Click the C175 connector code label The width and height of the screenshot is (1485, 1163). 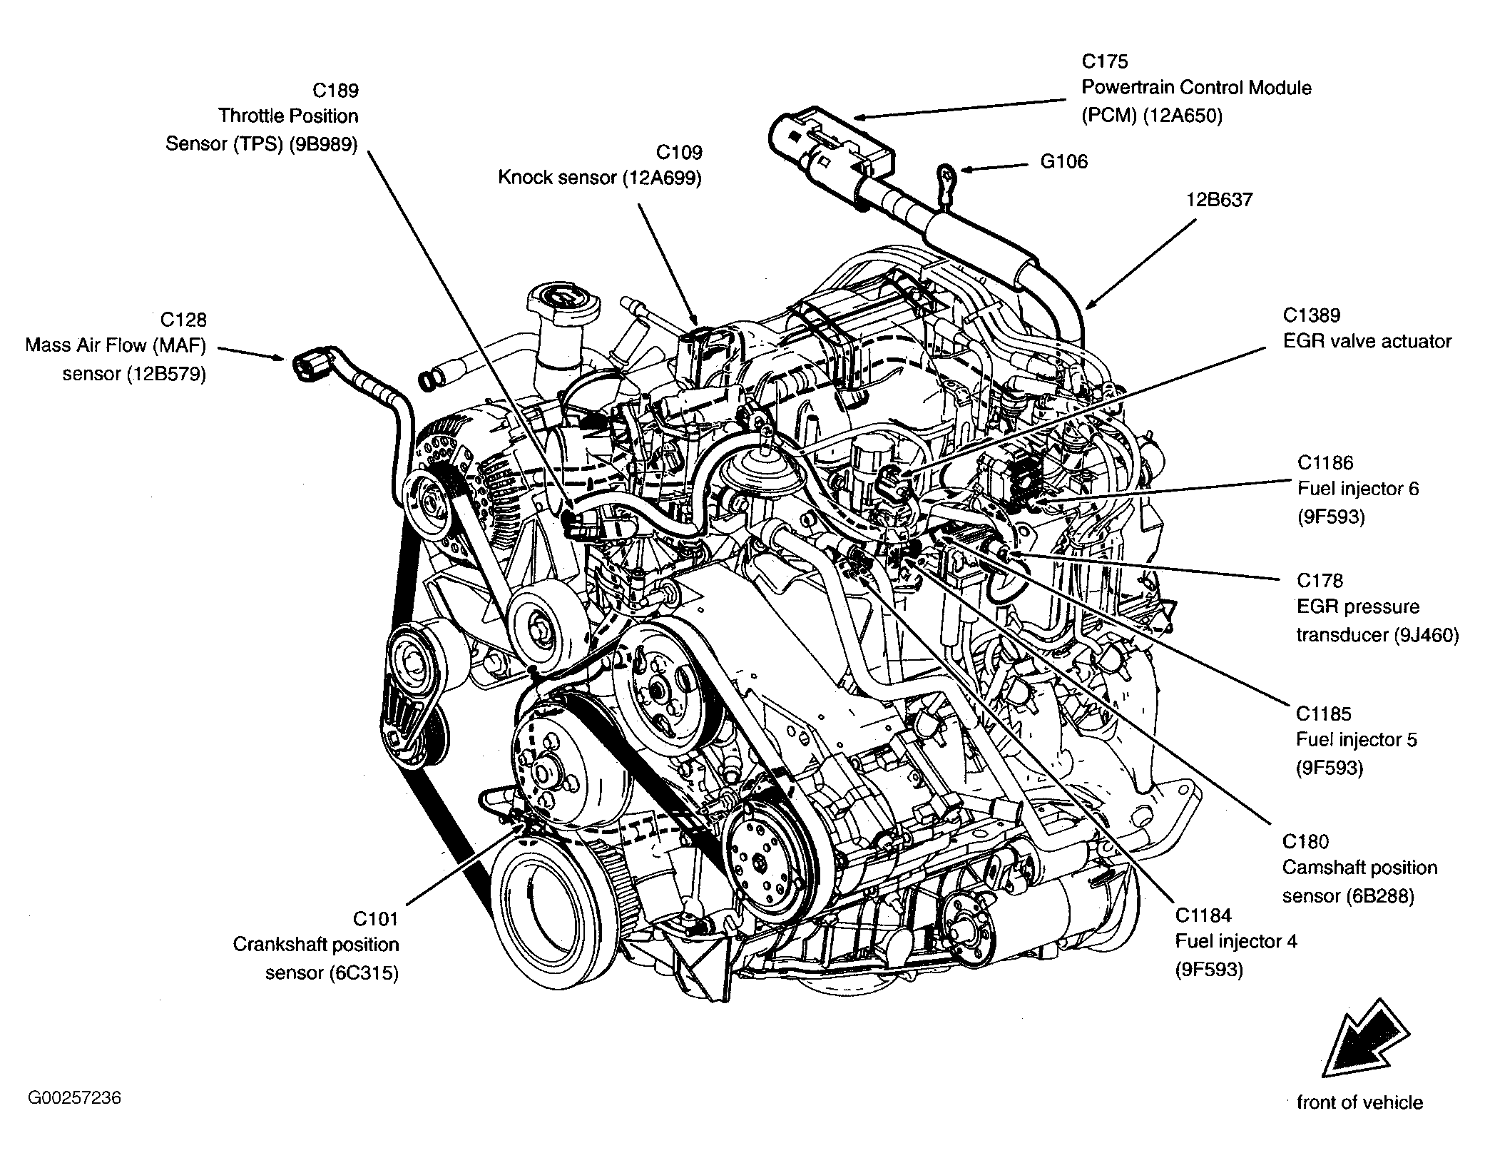[1105, 61]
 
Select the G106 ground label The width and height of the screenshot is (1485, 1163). [1064, 162]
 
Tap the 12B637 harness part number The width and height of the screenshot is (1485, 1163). [1219, 200]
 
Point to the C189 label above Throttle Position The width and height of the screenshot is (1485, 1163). [336, 91]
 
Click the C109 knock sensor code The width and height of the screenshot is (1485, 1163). [679, 153]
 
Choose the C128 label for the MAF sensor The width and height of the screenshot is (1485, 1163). [183, 320]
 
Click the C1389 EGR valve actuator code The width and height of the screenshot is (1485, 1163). [1312, 315]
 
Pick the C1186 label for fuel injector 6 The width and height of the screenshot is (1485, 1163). [1325, 463]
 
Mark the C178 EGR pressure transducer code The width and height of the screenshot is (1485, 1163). [1320, 581]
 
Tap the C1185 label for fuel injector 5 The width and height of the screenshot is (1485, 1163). [1325, 713]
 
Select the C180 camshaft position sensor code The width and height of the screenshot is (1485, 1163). [1306, 842]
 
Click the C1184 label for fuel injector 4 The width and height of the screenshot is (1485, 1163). [1204, 915]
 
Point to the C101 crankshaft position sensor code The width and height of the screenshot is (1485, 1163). [376, 918]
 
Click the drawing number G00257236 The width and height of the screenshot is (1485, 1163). [75, 1097]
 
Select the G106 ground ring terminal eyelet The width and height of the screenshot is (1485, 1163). [946, 173]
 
